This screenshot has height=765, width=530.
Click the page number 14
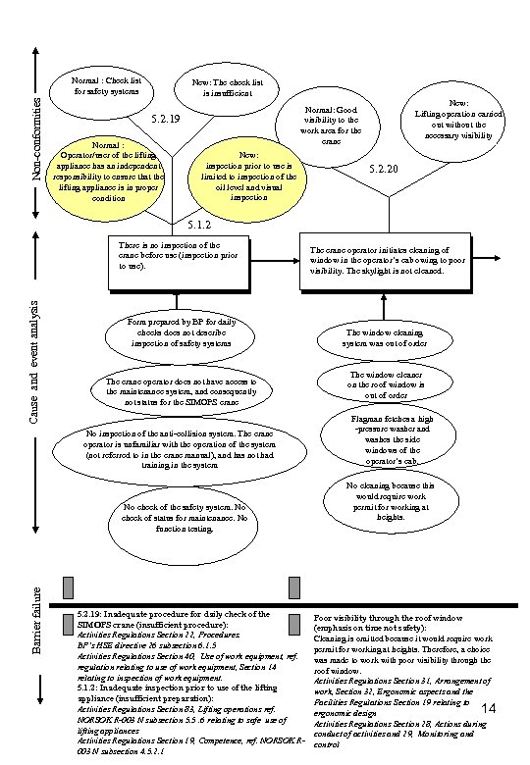[493, 708]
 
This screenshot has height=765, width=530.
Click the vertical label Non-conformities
[35, 137]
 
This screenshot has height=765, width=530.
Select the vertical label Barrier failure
[35, 620]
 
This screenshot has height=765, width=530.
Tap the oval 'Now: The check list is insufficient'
[227, 88]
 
